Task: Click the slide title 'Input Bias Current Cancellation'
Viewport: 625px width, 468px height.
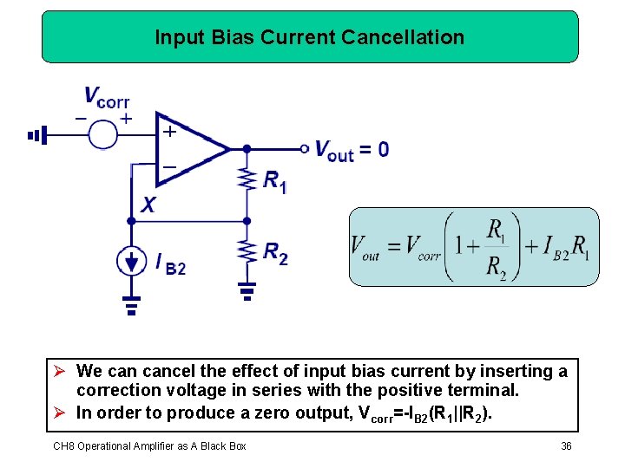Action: point(309,37)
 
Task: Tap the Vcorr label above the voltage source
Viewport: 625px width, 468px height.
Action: point(106,97)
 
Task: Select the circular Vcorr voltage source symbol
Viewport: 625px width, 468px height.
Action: point(103,134)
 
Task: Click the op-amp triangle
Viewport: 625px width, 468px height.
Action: point(187,148)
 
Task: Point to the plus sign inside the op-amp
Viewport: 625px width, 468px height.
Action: point(170,132)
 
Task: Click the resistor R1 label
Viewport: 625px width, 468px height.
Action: point(274,181)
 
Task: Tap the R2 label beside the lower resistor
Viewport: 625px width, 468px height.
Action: point(275,252)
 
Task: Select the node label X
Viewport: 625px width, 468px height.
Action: point(148,205)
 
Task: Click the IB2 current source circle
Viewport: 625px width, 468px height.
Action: point(131,261)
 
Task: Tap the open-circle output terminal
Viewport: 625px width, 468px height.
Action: point(305,148)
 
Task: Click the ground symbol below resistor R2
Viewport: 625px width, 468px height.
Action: point(247,290)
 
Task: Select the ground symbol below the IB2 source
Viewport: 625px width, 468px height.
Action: point(131,305)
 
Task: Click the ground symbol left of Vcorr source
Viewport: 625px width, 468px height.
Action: point(36,135)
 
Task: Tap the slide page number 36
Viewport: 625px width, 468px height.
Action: point(567,445)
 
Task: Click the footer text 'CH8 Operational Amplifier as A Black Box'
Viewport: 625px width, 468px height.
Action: point(149,445)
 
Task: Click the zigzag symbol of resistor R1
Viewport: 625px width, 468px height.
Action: point(247,179)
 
